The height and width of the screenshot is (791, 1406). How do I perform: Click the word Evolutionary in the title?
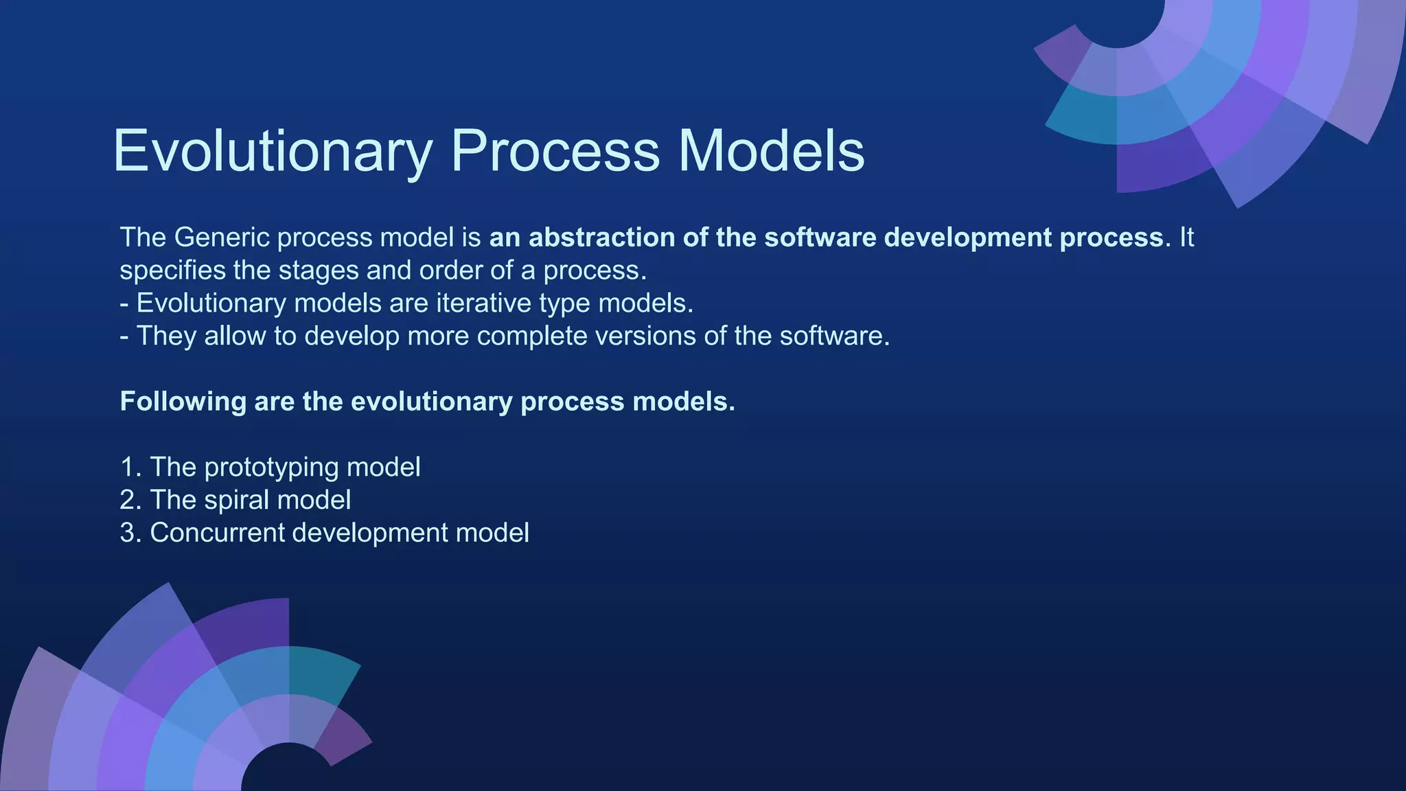pyautogui.click(x=273, y=151)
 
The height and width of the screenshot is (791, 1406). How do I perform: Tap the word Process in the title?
pyautogui.click(x=555, y=151)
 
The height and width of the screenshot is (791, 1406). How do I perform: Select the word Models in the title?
pyautogui.click(x=771, y=151)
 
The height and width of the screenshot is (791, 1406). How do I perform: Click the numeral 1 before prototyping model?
pyautogui.click(x=128, y=468)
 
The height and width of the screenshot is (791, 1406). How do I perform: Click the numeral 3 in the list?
pyautogui.click(x=128, y=534)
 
